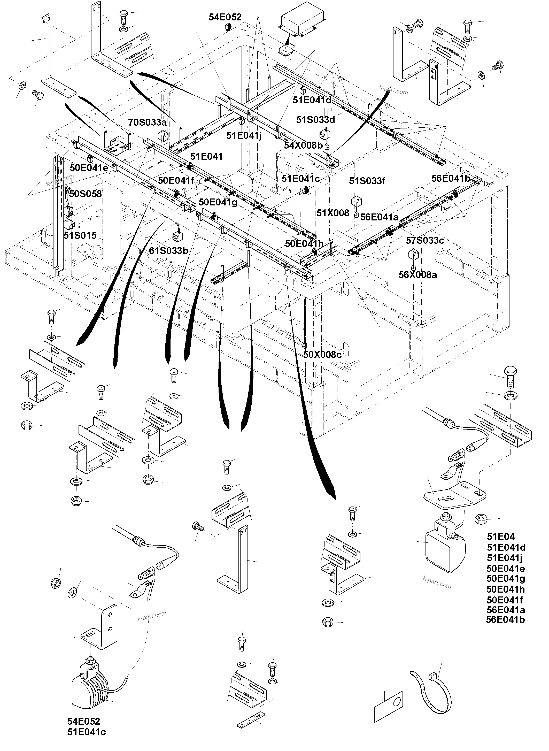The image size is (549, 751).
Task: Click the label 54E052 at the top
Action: click(x=225, y=17)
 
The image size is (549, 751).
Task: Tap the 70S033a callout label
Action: click(x=147, y=122)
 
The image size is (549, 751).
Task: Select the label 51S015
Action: click(x=80, y=235)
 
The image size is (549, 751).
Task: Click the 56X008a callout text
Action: click(x=417, y=275)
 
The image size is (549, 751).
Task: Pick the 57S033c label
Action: click(x=425, y=240)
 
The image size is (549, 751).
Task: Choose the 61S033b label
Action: click(x=168, y=251)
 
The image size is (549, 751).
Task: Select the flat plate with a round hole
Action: click(x=389, y=707)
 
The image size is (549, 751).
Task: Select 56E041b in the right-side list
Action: click(x=505, y=619)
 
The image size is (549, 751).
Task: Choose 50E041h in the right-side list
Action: click(x=505, y=589)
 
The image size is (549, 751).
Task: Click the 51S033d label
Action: click(x=316, y=120)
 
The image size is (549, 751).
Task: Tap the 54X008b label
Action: click(x=303, y=145)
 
